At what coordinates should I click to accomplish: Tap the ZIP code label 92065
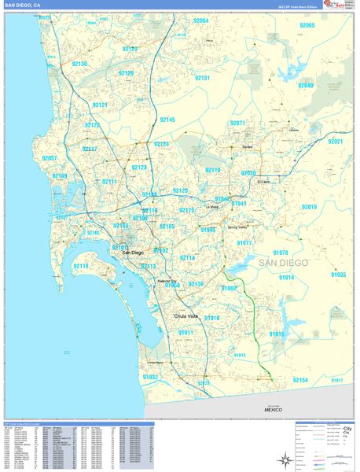307,26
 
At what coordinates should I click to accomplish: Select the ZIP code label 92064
201,20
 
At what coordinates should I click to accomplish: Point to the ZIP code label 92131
202,79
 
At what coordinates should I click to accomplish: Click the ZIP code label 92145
167,120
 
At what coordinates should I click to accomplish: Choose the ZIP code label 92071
237,124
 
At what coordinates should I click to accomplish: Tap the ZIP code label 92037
50,158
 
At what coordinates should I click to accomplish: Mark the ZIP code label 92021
336,142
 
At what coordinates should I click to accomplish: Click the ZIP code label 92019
309,207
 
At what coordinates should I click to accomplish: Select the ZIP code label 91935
338,275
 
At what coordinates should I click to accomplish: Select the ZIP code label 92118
82,267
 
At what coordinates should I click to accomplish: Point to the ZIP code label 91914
286,278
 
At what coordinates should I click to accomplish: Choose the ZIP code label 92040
306,85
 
